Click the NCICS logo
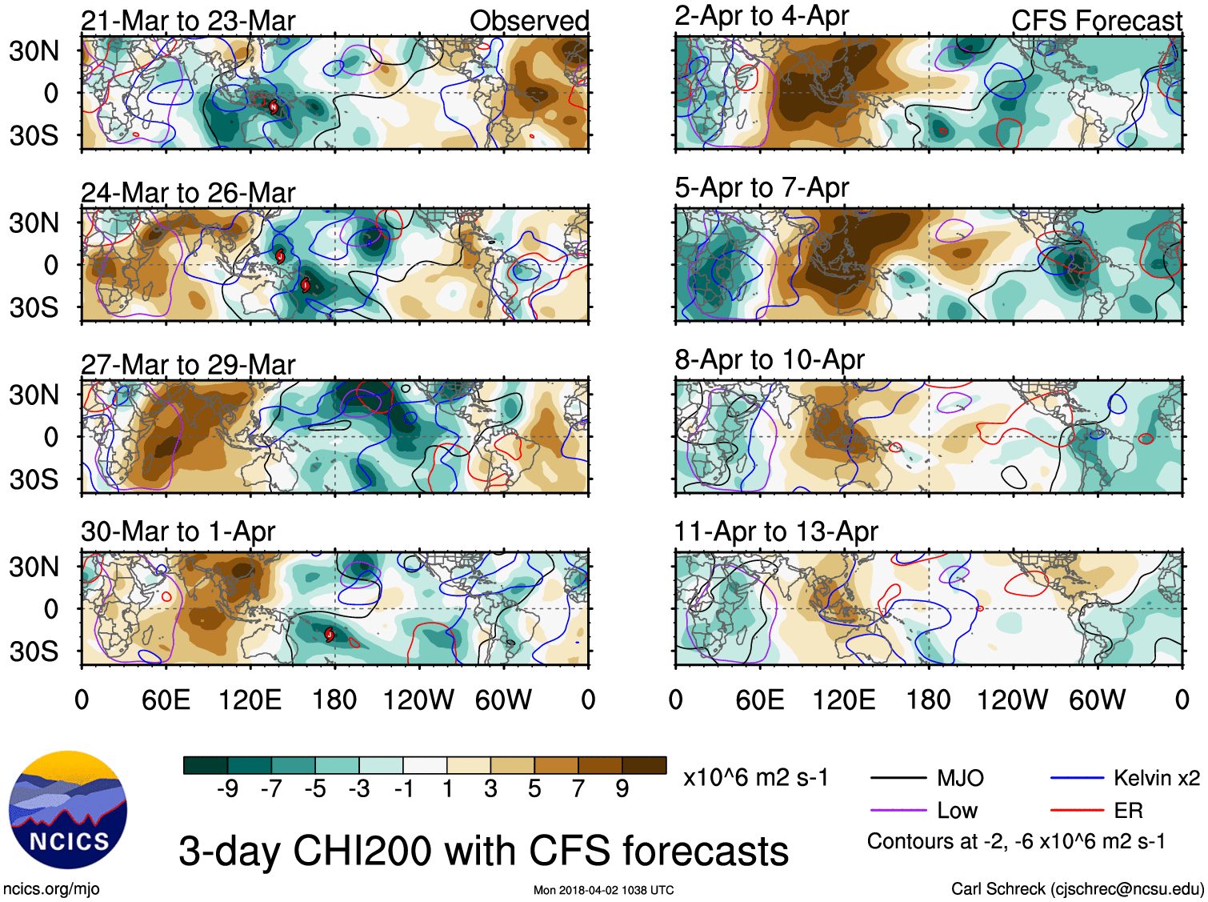(68, 810)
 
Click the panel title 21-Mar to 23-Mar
(188, 21)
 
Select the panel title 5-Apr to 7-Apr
(762, 187)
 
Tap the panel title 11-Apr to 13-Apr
(776, 531)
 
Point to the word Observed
(529, 21)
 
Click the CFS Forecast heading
(1096, 21)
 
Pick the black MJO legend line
(898, 778)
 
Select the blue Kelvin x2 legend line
(1077, 778)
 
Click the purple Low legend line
(898, 811)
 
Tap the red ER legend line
(1077, 811)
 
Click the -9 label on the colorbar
(228, 789)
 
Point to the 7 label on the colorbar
(578, 789)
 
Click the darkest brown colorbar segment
(644, 765)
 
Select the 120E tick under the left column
(250, 700)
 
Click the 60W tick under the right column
(1097, 700)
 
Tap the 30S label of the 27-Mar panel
(34, 479)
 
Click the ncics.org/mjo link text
(51, 888)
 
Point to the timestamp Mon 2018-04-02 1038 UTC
(603, 890)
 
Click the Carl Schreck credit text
(1077, 888)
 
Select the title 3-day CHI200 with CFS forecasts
(483, 851)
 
